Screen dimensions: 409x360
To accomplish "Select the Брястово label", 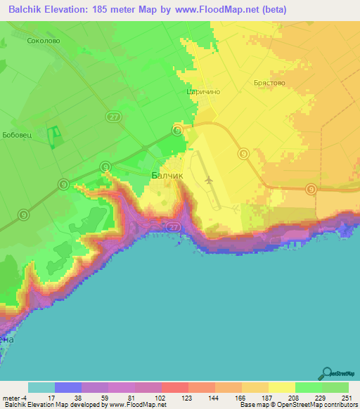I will tap(269, 82).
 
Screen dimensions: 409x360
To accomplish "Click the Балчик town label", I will tap(167, 178).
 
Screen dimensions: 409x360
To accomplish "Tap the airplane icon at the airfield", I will tap(208, 180).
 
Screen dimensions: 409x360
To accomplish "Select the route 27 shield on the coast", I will tap(172, 226).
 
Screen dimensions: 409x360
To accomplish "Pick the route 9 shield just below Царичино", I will tap(179, 130).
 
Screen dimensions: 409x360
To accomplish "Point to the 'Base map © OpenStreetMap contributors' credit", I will tap(302, 405).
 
